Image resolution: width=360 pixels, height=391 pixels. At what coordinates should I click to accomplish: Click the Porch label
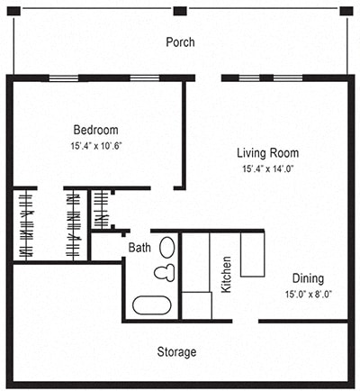click(x=180, y=42)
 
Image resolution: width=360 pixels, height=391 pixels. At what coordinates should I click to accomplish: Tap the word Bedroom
click(x=95, y=130)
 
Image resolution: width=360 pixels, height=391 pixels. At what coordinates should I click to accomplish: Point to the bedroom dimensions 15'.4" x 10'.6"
click(x=95, y=146)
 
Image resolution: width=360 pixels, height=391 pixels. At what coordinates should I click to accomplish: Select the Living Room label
click(x=268, y=152)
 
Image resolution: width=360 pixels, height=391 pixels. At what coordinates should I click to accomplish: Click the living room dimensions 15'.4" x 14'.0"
click(x=268, y=168)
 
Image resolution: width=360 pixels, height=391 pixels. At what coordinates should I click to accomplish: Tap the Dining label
click(x=308, y=278)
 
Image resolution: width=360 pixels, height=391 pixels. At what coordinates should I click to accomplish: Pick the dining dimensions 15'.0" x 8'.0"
click(x=308, y=294)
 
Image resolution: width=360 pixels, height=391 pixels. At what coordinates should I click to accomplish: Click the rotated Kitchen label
click(x=227, y=275)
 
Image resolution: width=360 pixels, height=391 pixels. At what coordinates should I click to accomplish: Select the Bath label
click(x=139, y=247)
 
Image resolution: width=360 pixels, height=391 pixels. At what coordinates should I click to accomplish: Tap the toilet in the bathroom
click(x=163, y=272)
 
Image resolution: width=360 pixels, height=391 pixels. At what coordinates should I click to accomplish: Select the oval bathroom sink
click(x=167, y=247)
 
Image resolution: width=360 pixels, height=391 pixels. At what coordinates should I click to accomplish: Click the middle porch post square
click(x=180, y=11)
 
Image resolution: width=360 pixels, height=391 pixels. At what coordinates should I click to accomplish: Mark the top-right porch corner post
click(x=346, y=11)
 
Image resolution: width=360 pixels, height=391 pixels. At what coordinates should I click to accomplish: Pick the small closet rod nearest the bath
click(x=101, y=209)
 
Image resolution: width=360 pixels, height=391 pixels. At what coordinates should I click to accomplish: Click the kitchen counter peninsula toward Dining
click(x=252, y=254)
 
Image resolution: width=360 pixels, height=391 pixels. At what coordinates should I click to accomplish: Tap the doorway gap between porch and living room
click(x=208, y=78)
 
